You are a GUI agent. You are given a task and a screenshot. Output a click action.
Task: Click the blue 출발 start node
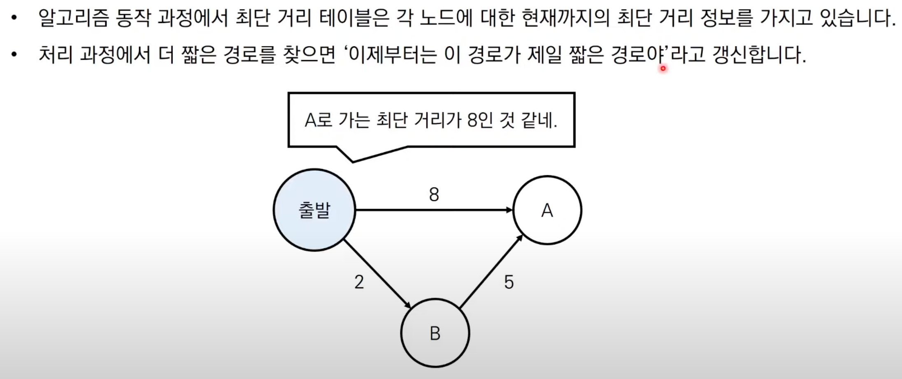(314, 210)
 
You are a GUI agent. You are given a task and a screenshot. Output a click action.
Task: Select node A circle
(547, 210)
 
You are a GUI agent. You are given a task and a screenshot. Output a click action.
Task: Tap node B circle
(435, 333)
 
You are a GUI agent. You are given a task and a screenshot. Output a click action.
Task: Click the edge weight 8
(434, 194)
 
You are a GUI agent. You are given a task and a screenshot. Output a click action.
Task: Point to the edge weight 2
(359, 282)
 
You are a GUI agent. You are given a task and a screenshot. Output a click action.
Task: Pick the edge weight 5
(509, 282)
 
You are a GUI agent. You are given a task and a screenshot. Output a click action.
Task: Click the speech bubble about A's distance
(431, 120)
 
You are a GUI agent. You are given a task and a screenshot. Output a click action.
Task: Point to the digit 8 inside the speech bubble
(472, 120)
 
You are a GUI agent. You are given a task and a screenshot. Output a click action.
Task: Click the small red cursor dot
(663, 68)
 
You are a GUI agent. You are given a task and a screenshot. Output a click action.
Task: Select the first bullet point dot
(15, 18)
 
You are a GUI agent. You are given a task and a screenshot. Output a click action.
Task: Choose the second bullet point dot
(15, 55)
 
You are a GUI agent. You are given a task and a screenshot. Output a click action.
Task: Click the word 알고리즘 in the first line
(74, 18)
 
